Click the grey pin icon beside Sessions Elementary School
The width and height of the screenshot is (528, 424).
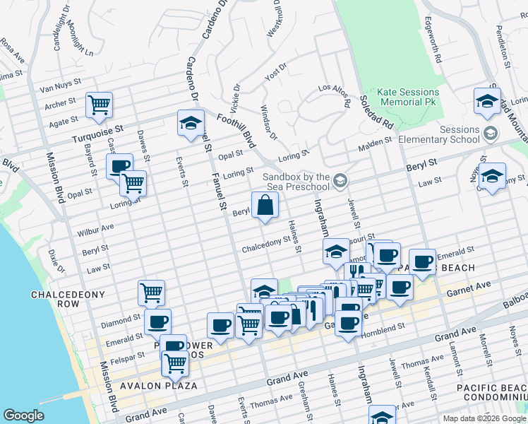490,133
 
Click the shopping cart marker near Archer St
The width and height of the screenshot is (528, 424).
100,105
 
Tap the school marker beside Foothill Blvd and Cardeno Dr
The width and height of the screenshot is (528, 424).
190,123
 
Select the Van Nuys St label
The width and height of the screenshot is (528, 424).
57,89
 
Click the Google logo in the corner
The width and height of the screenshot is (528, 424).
23,416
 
